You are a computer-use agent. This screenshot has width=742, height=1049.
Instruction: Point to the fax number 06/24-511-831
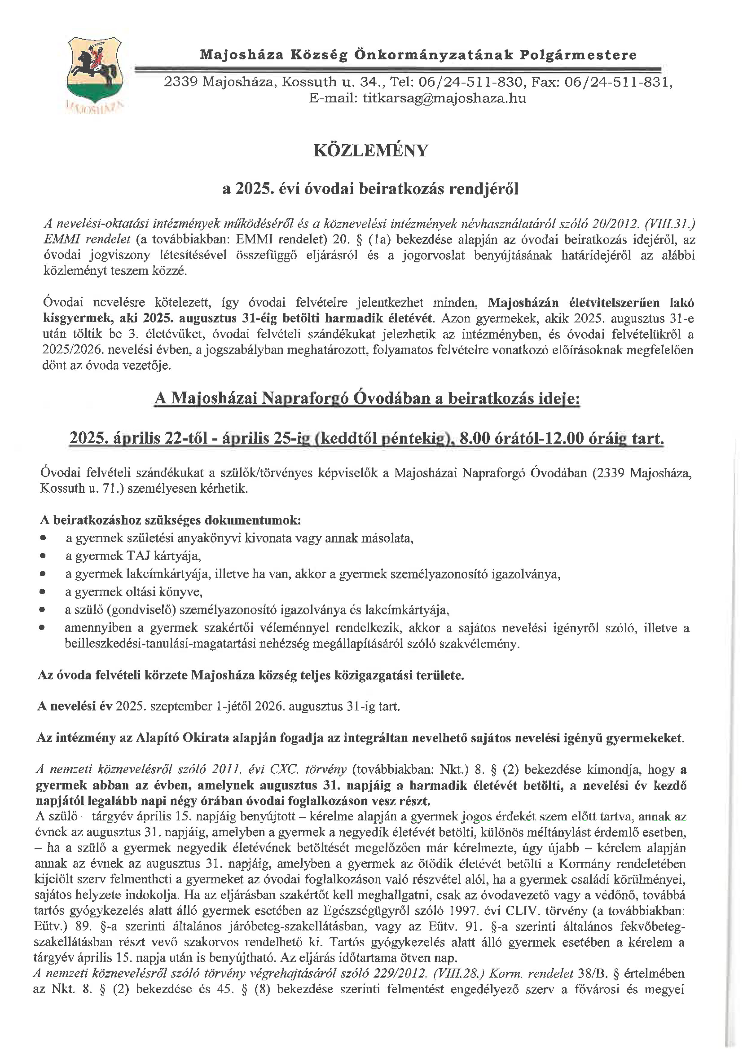click(x=618, y=82)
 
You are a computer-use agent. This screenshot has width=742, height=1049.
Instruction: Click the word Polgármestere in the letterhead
click(x=578, y=55)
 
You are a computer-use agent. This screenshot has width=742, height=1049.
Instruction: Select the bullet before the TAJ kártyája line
click(x=43, y=556)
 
